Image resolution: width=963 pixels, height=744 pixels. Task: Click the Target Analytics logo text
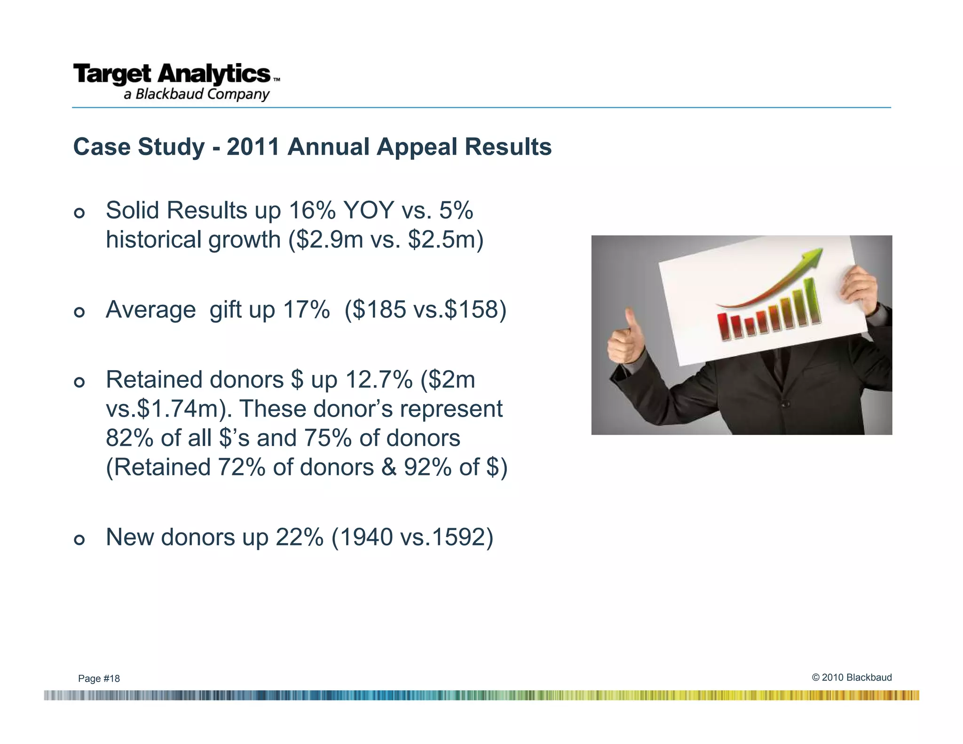pos(172,74)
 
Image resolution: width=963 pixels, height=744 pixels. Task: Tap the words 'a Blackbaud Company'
pos(197,95)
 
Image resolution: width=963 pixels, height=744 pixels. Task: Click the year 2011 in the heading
pos(253,147)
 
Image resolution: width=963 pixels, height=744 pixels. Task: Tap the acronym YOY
pos(368,210)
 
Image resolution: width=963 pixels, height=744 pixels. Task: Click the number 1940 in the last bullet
pos(366,537)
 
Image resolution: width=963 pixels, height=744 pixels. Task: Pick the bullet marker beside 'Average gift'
pos(79,312)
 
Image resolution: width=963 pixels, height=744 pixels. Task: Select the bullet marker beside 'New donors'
pos(79,540)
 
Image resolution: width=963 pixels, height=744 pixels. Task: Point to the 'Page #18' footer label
pos(99,679)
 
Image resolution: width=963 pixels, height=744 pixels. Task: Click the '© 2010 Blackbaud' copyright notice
pos(851,677)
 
